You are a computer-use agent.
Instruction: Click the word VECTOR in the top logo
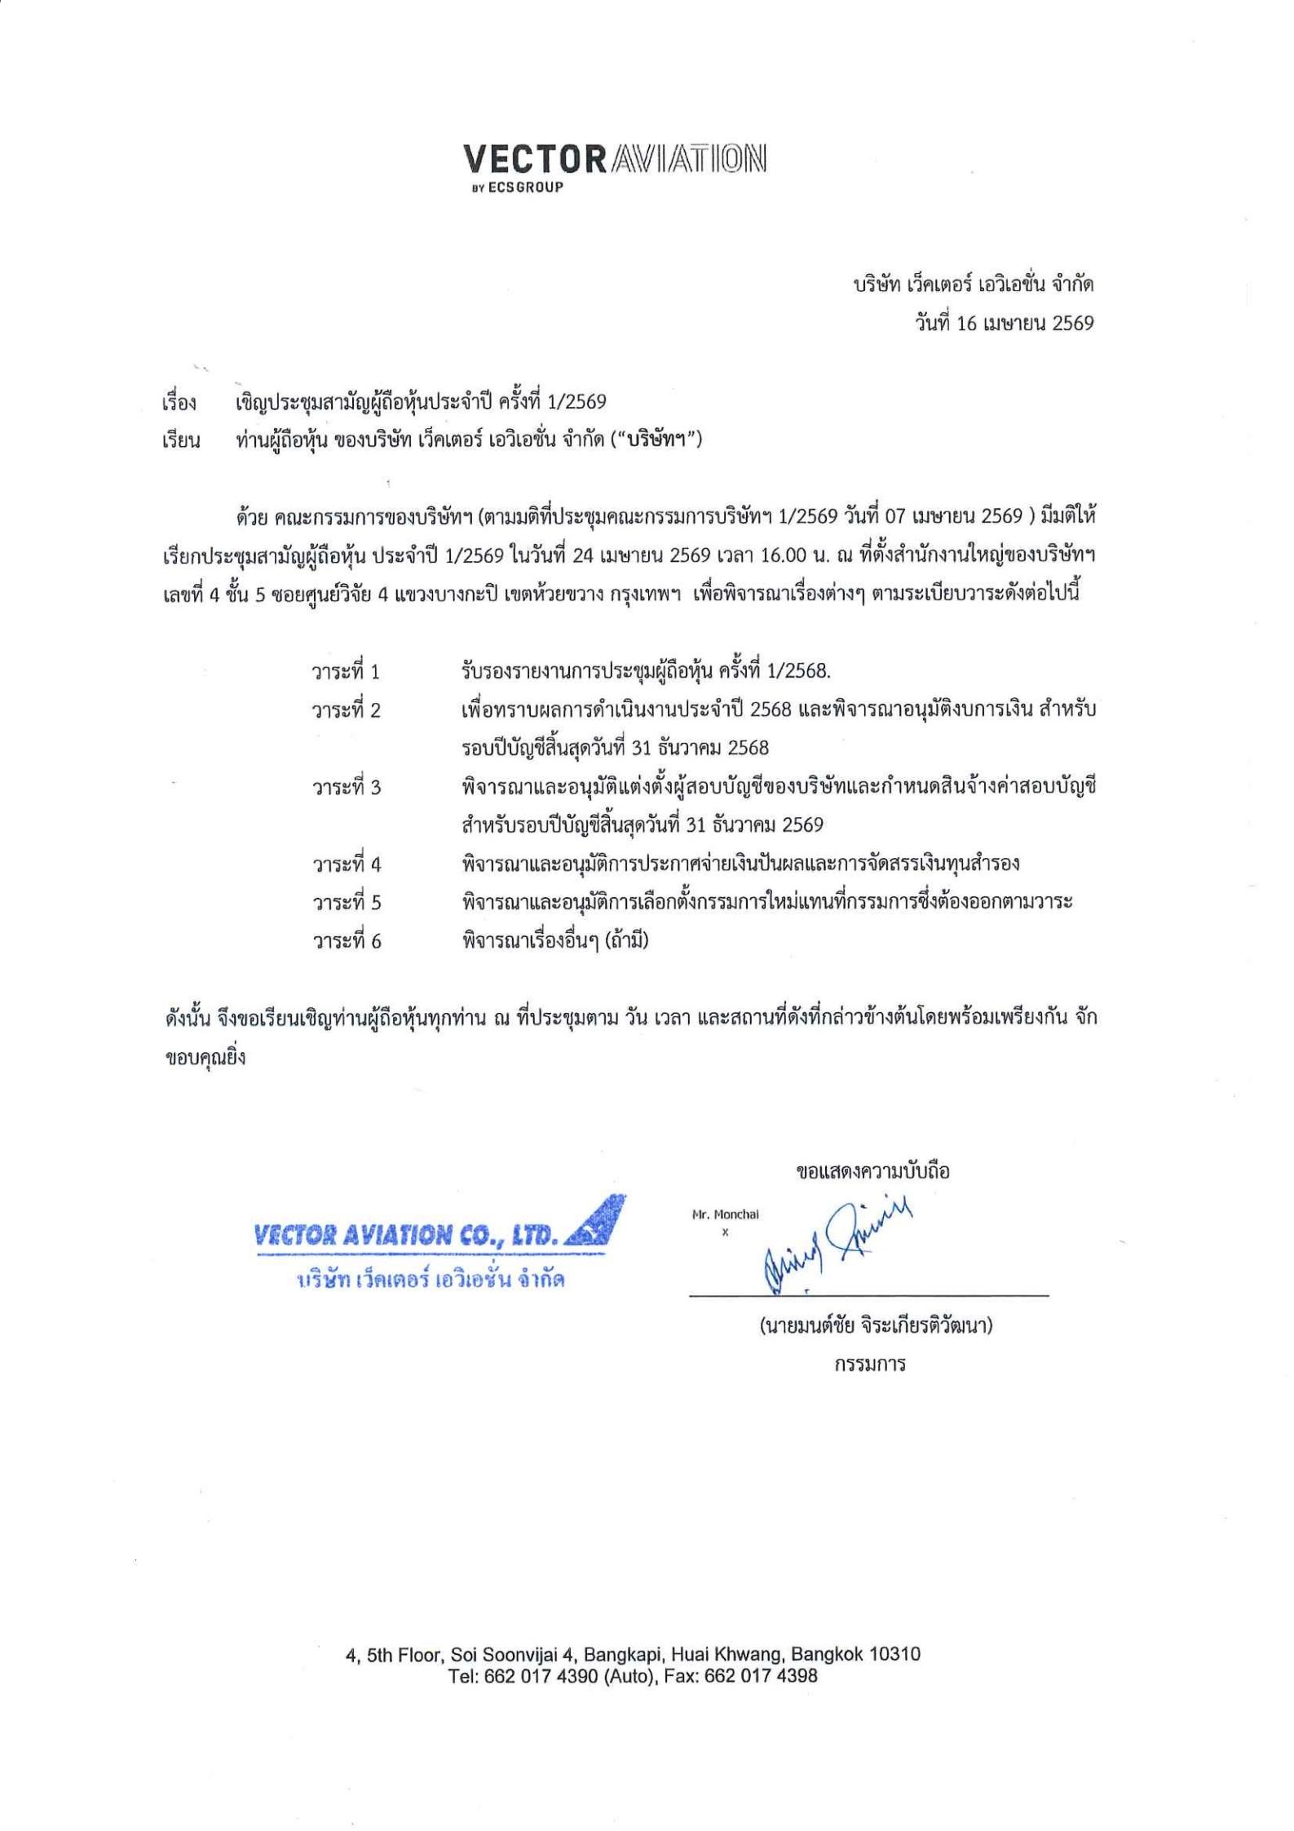click(534, 159)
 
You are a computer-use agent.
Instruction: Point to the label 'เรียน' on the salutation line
click(181, 442)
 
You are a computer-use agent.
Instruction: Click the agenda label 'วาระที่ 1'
click(346, 672)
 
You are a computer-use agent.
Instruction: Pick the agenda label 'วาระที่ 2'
click(346, 710)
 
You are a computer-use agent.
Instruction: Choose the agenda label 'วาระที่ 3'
click(346, 787)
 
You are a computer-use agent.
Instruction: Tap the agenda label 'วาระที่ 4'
click(346, 864)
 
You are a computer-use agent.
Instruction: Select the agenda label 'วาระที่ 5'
click(346, 903)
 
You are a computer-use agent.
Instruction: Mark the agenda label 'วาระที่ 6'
click(346, 941)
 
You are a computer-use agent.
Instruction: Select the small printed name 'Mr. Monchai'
click(725, 1214)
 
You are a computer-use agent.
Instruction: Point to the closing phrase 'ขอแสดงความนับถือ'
click(872, 1172)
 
